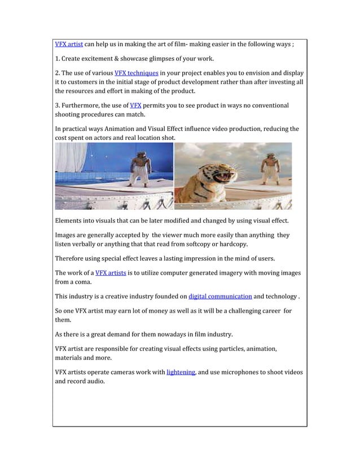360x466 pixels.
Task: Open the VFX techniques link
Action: tap(136, 73)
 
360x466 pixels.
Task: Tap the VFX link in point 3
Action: tap(135, 105)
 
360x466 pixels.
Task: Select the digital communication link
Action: tap(220, 296)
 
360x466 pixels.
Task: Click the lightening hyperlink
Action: tap(181, 372)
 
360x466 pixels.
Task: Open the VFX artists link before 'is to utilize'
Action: tap(111, 273)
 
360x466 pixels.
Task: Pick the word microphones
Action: tap(239, 372)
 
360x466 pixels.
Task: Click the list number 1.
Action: tap(57, 59)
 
